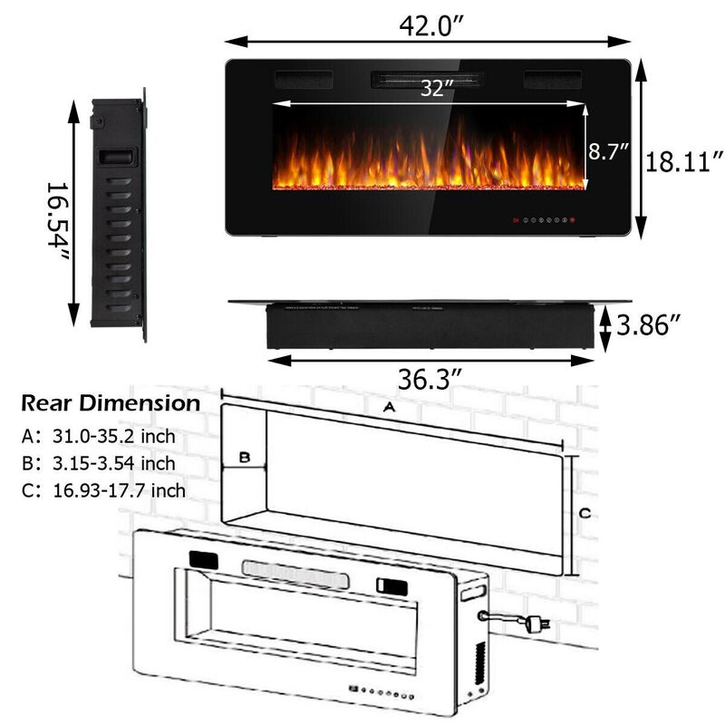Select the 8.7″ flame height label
coord(609,151)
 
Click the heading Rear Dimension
coord(111,403)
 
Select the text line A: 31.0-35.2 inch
coord(98,437)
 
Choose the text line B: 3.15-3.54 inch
coord(98,464)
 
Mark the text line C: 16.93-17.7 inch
coord(103,490)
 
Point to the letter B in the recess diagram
coord(244,459)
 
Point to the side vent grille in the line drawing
coord(479,659)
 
